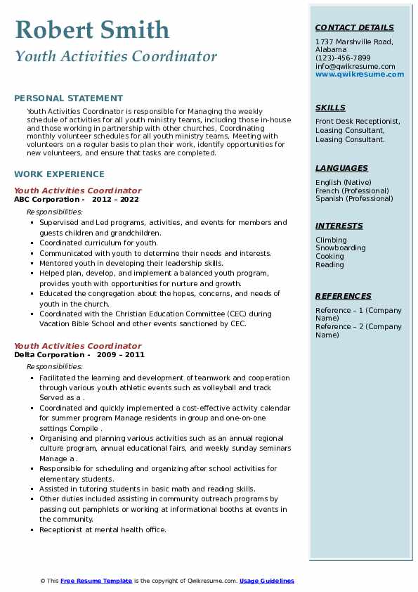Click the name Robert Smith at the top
click(91, 30)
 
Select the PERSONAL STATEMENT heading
click(68, 98)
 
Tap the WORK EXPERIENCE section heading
click(59, 174)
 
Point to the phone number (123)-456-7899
click(343, 58)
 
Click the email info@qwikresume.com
click(355, 66)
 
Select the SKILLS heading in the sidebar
click(330, 108)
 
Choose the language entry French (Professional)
click(352, 191)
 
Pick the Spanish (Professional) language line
click(353, 198)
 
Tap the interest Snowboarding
click(340, 248)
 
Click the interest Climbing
click(331, 240)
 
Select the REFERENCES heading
click(343, 296)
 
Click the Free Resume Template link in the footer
click(96, 581)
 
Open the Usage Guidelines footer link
click(266, 581)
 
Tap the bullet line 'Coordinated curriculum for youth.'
click(98, 243)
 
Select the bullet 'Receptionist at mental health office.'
click(103, 529)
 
